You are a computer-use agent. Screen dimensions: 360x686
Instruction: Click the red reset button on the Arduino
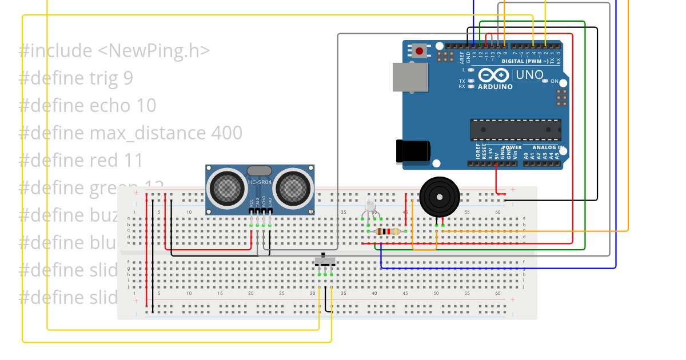[420, 51]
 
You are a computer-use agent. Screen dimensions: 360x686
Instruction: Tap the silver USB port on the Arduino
[410, 77]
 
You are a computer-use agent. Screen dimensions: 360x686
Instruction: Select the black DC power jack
[413, 151]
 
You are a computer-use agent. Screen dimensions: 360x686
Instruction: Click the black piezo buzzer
[439, 197]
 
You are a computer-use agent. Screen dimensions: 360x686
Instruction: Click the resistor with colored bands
[389, 231]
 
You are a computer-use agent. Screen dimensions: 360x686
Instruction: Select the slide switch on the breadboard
[325, 262]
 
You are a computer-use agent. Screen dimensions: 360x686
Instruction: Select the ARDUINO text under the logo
[495, 87]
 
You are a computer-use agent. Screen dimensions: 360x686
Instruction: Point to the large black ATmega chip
[515, 130]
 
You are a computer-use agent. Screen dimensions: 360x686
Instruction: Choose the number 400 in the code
[226, 133]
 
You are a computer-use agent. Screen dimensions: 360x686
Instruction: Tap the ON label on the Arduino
[554, 82]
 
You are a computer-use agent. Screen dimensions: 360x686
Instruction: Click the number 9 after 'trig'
[128, 78]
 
